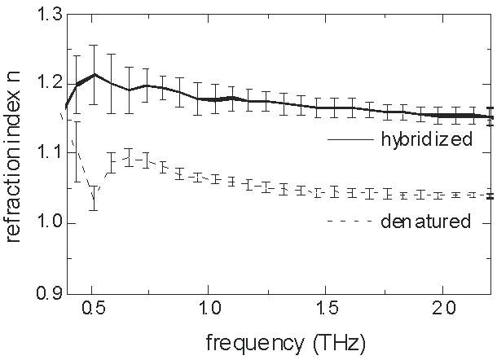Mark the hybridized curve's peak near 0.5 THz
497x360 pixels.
(95, 75)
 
